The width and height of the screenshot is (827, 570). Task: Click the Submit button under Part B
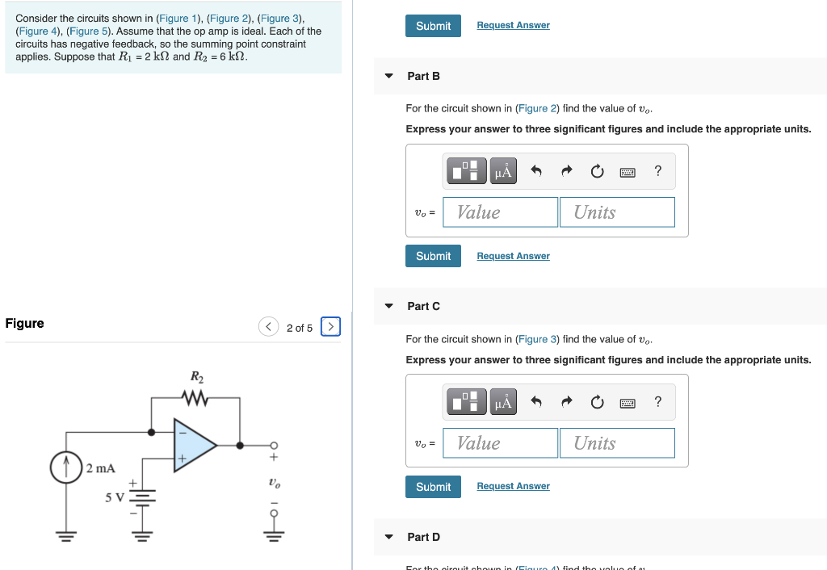[x=433, y=256]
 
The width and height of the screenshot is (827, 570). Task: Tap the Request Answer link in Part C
[x=513, y=486]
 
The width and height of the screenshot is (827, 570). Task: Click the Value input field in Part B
[x=501, y=212]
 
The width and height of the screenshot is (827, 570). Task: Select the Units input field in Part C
[x=617, y=443]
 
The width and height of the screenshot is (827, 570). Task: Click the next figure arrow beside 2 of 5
[x=330, y=327]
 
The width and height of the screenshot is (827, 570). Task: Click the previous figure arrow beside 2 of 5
[x=268, y=327]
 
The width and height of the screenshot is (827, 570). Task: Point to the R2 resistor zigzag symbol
[x=196, y=397]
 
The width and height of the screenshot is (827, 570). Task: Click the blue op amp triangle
[x=193, y=444]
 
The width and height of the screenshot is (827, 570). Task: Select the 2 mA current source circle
[x=64, y=467]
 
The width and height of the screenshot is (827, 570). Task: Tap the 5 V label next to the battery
[x=113, y=497]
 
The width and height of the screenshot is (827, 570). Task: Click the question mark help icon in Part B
[x=658, y=171]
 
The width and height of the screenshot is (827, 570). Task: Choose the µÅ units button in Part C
[x=503, y=402]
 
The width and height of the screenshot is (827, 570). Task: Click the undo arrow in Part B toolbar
[x=535, y=171]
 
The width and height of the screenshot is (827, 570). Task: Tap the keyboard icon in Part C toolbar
[x=628, y=402]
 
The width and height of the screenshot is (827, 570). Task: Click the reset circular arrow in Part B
[x=597, y=171]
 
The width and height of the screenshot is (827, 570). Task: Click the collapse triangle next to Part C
[x=388, y=307]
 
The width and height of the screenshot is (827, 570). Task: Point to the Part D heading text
[x=423, y=537]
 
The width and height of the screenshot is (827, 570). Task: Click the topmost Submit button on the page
[x=433, y=26]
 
